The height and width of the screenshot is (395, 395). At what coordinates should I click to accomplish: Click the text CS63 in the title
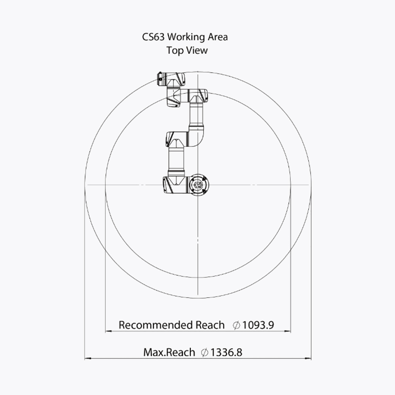click(x=153, y=37)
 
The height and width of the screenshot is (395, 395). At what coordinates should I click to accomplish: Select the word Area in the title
click(x=218, y=37)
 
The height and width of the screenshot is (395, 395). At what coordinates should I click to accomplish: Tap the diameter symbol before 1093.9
click(x=236, y=325)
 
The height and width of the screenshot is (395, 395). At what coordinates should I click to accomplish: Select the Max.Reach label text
click(x=169, y=352)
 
